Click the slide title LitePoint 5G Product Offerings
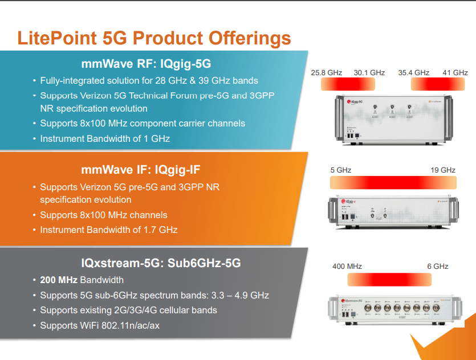[x=154, y=38]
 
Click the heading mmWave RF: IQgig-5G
[x=146, y=64]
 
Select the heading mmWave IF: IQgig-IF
[x=141, y=170]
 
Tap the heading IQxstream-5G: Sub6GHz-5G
[x=161, y=263]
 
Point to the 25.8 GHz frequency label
[x=326, y=73]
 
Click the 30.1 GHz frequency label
[x=369, y=73]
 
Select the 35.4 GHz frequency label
[x=413, y=73]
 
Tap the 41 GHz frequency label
[x=455, y=73]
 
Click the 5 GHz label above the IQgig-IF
[x=340, y=170]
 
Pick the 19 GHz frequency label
[x=443, y=170]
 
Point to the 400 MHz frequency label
[x=347, y=266]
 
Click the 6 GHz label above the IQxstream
[x=438, y=266]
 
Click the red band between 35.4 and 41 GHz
[x=438, y=84]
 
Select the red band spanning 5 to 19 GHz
[x=393, y=183]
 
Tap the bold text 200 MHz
[x=59, y=280]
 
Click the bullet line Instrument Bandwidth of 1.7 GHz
[x=109, y=230]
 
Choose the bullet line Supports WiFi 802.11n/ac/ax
[x=100, y=325]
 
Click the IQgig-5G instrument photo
[x=394, y=120]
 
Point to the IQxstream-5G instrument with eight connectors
[x=395, y=310]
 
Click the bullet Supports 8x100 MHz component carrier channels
[x=143, y=124]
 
